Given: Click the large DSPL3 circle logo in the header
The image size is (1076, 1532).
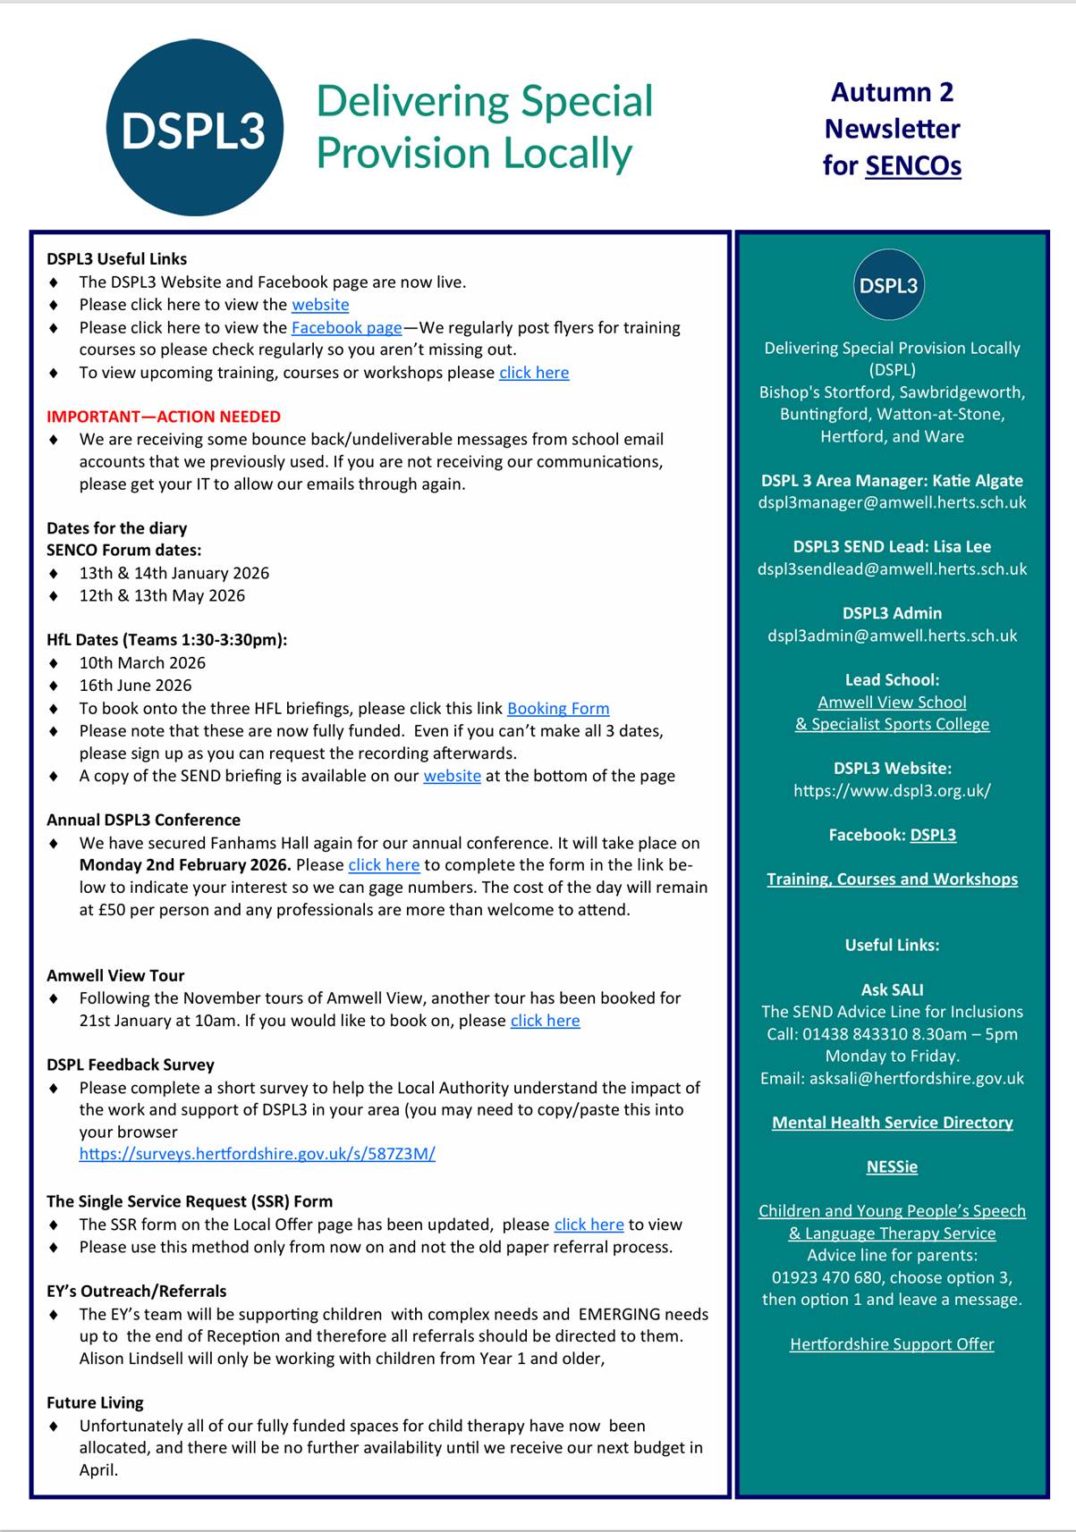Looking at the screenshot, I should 194,128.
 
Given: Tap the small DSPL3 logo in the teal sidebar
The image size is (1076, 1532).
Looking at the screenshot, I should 888,285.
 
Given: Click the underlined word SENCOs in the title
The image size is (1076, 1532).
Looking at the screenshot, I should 913,166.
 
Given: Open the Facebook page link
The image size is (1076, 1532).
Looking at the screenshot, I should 346,328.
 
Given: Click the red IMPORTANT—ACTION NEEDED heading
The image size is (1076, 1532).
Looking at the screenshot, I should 164,417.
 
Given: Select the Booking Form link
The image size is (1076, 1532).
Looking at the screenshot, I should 558,709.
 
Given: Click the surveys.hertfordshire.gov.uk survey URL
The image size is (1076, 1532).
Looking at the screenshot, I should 257,1154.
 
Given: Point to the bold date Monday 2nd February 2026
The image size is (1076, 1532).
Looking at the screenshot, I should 185,865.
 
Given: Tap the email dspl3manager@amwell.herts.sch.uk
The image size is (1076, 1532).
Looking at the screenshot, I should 892,502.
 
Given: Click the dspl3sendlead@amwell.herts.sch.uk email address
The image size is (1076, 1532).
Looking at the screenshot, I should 892,569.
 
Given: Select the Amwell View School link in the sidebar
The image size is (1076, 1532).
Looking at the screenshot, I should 892,703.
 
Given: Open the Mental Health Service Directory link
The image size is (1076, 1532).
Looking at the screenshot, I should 892,1123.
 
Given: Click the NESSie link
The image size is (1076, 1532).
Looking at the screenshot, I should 892,1167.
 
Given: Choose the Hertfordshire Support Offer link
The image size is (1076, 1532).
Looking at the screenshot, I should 892,1344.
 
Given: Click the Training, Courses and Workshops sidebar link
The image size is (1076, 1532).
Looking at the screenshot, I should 892,880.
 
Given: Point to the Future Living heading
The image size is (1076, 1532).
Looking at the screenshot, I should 95,1403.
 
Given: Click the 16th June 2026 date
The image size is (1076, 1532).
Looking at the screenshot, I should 135,686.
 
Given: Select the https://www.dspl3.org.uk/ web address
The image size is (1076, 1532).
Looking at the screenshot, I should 892,791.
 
